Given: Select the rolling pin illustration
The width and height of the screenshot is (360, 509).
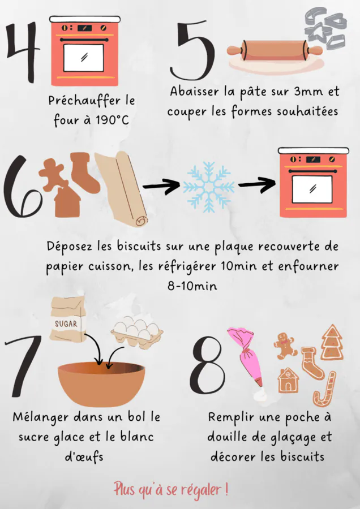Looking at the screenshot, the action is point(275,51).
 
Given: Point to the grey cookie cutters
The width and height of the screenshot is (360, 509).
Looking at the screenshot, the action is point(325,29).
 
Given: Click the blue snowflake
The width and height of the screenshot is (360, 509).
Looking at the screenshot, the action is point(209,187).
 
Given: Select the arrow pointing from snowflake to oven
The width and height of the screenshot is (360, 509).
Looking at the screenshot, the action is point(256,185).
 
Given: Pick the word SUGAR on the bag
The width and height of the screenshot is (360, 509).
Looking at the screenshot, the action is point(66,323).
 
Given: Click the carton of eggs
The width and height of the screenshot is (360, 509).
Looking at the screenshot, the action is point(137,333).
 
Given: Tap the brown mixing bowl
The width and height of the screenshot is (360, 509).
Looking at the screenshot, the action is point(101,383).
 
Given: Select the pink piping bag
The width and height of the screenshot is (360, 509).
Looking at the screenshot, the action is point(246,356).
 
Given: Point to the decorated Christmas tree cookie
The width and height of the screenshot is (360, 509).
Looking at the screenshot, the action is point(332,342).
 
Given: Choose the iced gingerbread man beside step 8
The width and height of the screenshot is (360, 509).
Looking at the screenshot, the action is point(285,346).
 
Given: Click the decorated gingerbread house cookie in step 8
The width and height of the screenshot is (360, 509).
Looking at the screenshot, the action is point(288,380).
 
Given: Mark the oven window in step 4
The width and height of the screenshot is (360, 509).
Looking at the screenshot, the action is point(84,58).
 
